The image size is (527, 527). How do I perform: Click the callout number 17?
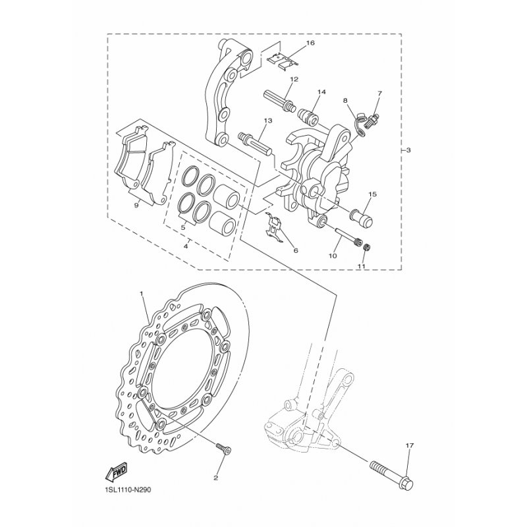(409, 446)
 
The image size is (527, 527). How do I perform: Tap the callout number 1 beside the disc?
(142, 291)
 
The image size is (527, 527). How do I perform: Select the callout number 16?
(310, 43)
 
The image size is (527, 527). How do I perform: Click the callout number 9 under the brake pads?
(136, 206)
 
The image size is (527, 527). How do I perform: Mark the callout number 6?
(295, 251)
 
